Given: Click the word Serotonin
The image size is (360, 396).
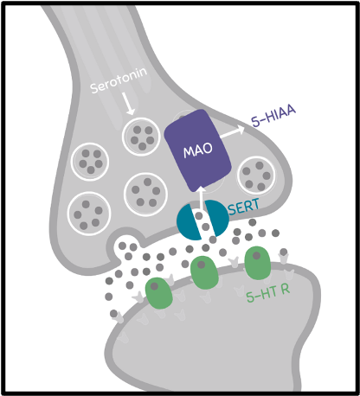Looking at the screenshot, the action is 119,80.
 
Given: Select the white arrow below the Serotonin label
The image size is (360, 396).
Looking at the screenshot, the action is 128,104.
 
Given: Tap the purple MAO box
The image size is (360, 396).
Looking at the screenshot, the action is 198,150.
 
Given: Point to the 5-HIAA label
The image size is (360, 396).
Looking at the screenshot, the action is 273,116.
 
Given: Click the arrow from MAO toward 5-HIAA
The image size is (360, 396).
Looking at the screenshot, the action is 233,132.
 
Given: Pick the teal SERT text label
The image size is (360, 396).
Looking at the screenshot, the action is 244,207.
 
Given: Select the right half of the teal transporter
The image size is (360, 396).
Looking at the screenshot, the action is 217,218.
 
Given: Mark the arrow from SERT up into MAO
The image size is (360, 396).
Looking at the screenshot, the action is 202,198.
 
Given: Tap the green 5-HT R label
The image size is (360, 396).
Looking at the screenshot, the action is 268,293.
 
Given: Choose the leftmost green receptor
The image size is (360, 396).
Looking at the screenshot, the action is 158,293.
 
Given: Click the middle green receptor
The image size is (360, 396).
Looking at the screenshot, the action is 204,272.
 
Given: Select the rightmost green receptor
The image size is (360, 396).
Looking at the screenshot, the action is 258,263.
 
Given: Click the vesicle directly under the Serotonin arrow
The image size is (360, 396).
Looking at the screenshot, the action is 141,137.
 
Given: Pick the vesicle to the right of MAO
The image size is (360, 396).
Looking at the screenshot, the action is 256,176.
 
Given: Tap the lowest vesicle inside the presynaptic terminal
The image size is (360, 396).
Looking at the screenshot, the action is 89,214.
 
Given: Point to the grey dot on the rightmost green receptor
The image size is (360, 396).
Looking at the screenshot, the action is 256,255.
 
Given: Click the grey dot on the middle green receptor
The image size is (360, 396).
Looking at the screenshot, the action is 201,265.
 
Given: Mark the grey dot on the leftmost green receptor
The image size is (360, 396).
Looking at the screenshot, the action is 154,286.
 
